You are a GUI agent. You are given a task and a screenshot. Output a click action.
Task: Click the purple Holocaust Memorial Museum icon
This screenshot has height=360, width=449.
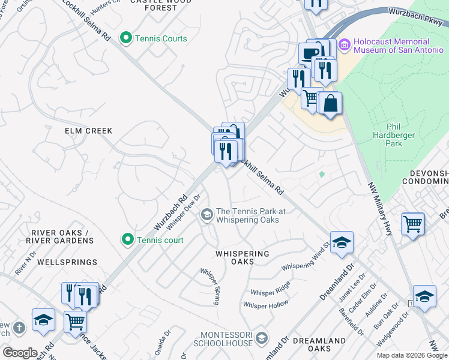[345, 46]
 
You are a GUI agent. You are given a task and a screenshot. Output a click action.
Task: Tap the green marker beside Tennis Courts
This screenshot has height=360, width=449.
[126, 38]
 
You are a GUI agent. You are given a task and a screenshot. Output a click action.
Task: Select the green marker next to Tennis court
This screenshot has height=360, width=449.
[128, 240]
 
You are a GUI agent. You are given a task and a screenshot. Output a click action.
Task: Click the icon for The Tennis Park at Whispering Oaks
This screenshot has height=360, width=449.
[207, 215]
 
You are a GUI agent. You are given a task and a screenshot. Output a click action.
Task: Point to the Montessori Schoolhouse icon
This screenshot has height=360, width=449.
[261, 338]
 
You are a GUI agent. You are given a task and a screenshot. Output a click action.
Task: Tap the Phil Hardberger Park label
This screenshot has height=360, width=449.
[402, 132]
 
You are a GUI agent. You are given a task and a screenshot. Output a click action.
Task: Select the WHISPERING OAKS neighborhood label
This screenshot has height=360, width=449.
[243, 257]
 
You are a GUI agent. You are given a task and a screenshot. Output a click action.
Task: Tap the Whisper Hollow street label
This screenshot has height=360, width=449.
[266, 305]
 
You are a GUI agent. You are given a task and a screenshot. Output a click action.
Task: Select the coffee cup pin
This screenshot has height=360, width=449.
[310, 53]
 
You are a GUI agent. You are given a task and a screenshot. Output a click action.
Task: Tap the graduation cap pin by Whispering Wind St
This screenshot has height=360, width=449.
[342, 242]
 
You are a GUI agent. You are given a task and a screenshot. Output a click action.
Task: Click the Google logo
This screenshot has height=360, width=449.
[20, 353]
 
